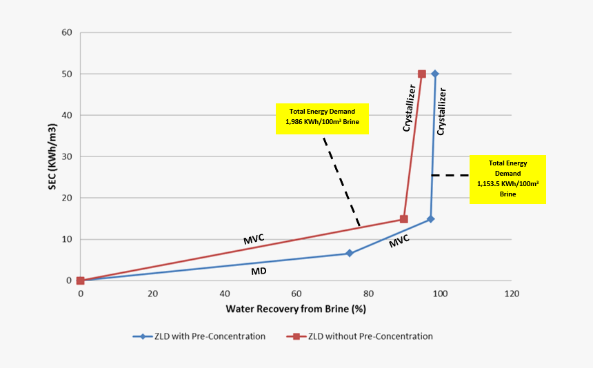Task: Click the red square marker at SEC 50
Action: coord(422,74)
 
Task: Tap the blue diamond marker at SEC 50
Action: coord(435,74)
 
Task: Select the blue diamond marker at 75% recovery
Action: coord(350,254)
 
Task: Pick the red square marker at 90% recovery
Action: coord(404,219)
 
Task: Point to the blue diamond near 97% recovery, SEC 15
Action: coord(431,219)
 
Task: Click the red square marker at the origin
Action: coord(81,280)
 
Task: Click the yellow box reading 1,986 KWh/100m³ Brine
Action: coord(322,119)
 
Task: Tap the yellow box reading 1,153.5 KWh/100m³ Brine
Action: coord(507,179)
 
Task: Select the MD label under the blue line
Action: coord(259,272)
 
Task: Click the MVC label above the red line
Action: coord(254,239)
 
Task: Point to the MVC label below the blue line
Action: coord(399,241)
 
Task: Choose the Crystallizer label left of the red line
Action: coord(410,108)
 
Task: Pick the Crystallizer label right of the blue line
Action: coord(443,110)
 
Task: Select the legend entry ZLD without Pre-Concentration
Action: coord(359,336)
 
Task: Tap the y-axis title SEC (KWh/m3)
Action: coord(52,157)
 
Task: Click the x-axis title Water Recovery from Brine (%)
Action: coord(295,309)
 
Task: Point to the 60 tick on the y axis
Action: coord(66,32)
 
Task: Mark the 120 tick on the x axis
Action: coord(511,294)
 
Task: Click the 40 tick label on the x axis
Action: coord(224,294)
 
